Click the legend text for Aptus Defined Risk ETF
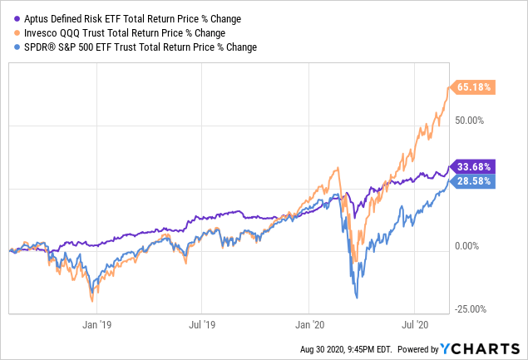coord(116,17)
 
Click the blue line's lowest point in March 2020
coord(356,297)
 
